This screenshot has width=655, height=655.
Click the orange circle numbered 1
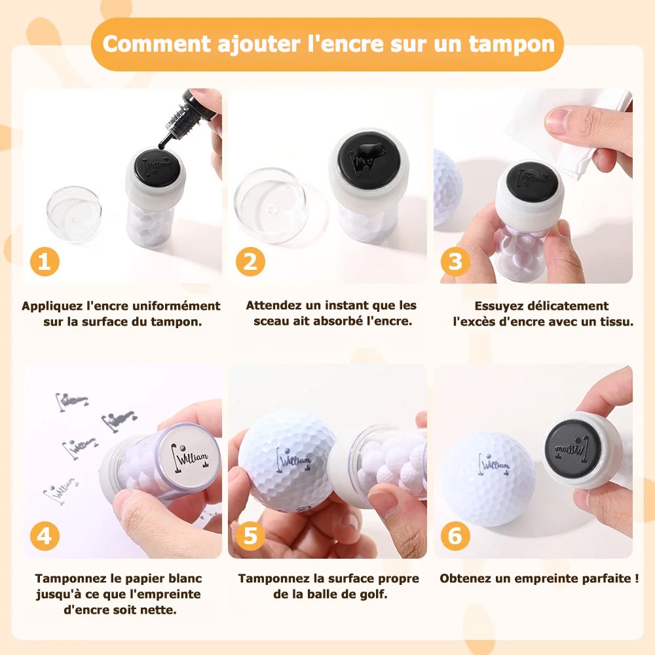click(45, 261)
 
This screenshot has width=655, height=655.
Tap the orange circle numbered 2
click(250, 261)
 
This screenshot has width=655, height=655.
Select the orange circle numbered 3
click(455, 261)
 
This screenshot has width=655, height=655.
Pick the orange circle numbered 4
click(45, 536)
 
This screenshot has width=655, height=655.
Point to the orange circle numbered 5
click(250, 536)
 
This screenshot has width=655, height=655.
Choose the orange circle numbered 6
click(455, 536)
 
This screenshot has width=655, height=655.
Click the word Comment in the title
click(157, 44)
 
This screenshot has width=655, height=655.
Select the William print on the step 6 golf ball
click(494, 464)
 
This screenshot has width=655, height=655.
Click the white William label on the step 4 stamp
click(191, 455)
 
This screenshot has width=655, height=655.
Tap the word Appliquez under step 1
click(52, 307)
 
